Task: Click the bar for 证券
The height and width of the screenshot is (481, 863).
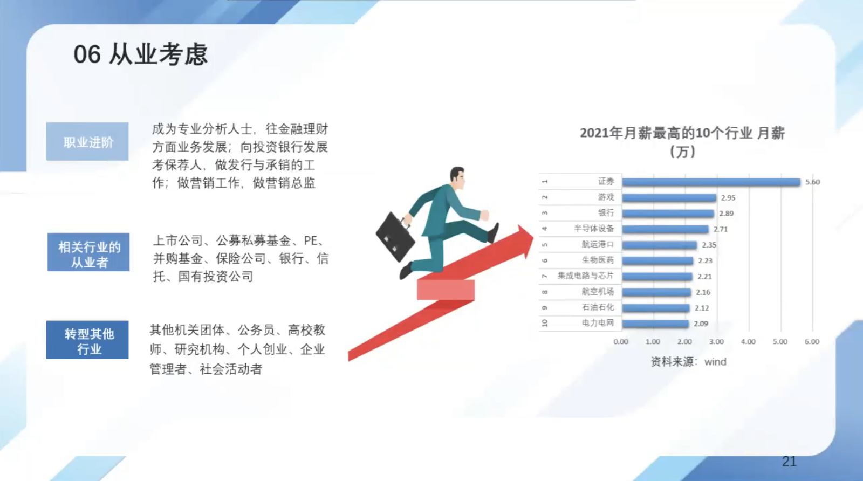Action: [711, 182]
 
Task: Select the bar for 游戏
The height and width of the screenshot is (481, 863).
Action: [669, 198]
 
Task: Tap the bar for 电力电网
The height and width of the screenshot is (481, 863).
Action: [655, 324]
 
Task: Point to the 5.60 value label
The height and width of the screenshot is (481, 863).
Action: [812, 182]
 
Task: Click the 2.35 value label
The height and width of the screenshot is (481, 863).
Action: [709, 245]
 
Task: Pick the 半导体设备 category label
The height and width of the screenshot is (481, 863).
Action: [594, 229]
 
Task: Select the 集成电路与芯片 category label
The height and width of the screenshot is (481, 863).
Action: [585, 276]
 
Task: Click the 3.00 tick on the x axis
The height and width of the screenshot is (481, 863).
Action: [716, 341]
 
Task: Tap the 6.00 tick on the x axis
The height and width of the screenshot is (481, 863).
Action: [812, 341]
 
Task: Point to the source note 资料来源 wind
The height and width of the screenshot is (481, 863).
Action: [688, 362]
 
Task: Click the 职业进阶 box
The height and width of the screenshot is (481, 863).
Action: [87, 141]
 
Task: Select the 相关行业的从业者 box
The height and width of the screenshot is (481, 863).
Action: [88, 252]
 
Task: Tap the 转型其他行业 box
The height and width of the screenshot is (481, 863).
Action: [87, 340]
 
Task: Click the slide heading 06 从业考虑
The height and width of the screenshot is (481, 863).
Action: [141, 54]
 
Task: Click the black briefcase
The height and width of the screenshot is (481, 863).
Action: [395, 237]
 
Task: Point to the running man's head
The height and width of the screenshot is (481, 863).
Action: [457, 177]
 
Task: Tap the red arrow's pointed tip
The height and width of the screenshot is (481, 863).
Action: [533, 237]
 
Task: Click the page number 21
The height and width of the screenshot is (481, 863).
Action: [789, 462]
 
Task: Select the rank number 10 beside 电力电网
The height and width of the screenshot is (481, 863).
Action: [544, 322]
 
